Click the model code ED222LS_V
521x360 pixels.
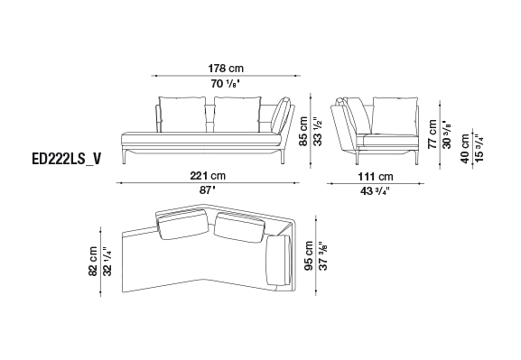pyautogui.click(x=67, y=160)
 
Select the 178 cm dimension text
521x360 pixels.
pyautogui.click(x=226, y=69)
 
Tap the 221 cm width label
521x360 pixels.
pyautogui.click(x=208, y=175)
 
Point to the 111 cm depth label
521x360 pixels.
pyautogui.click(x=376, y=176)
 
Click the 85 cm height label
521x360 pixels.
pyautogui.click(x=303, y=131)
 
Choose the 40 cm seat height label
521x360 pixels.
pyautogui.click(x=465, y=149)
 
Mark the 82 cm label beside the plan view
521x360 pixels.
pyautogui.click(x=93, y=261)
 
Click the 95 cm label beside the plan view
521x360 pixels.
pyautogui.click(x=309, y=255)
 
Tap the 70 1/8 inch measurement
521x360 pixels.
pyautogui.click(x=225, y=84)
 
